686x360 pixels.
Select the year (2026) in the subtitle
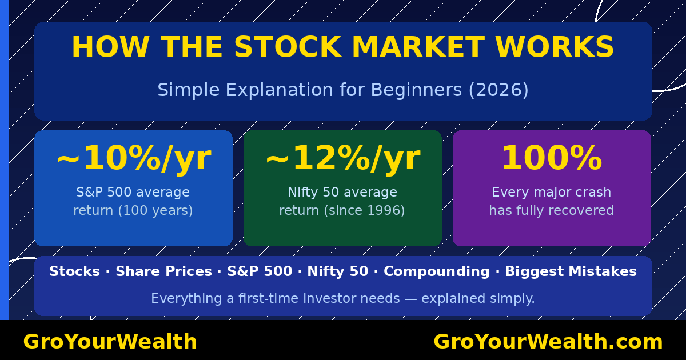498,90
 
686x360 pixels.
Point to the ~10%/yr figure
133,159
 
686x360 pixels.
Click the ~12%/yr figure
342,159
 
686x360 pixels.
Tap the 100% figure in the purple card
551,159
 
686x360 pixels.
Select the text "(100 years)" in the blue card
155,211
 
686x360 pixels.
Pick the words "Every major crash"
551,193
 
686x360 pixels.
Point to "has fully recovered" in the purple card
551,211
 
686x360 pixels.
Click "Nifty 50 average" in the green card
342,193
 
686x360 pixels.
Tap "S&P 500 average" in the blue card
133,193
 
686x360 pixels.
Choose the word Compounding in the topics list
436,272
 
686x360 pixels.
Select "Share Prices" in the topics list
163,272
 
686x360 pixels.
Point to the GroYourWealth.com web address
548,342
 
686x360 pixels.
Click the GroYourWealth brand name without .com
110,342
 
